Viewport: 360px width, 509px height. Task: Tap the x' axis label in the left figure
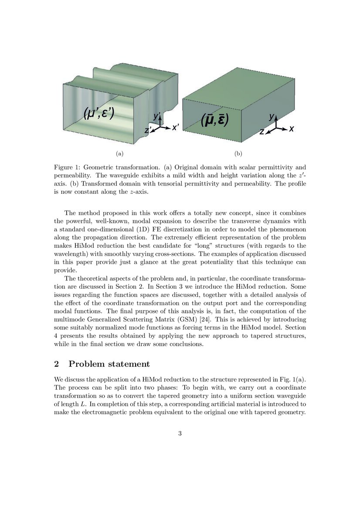(x=175, y=128)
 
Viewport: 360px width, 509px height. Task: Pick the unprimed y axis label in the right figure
(x=271, y=117)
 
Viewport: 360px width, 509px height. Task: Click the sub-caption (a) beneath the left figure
(x=119, y=153)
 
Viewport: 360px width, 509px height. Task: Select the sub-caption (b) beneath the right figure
(x=238, y=153)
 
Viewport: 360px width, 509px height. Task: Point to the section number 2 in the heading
(x=57, y=364)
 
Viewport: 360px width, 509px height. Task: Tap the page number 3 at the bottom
(x=180, y=433)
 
